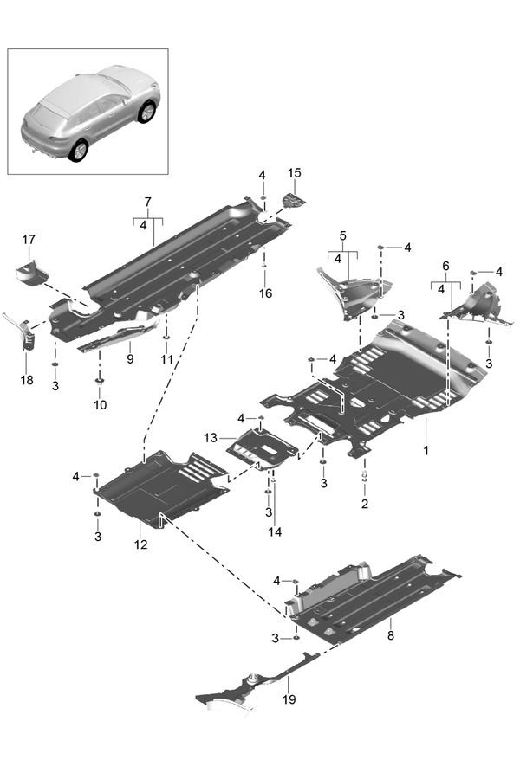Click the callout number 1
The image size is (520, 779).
coord(426,451)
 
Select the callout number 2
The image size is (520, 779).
coord(364,503)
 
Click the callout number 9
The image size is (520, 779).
coord(129,358)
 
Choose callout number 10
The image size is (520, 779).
coord(100,404)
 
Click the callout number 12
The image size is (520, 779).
coord(140,544)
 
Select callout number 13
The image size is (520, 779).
coord(211,438)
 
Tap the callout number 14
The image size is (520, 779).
coord(275,531)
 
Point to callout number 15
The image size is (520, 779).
coord(294,174)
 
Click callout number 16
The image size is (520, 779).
coord(265,293)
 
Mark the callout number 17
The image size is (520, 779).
coord(29,239)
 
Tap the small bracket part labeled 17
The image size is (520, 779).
coord(29,272)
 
